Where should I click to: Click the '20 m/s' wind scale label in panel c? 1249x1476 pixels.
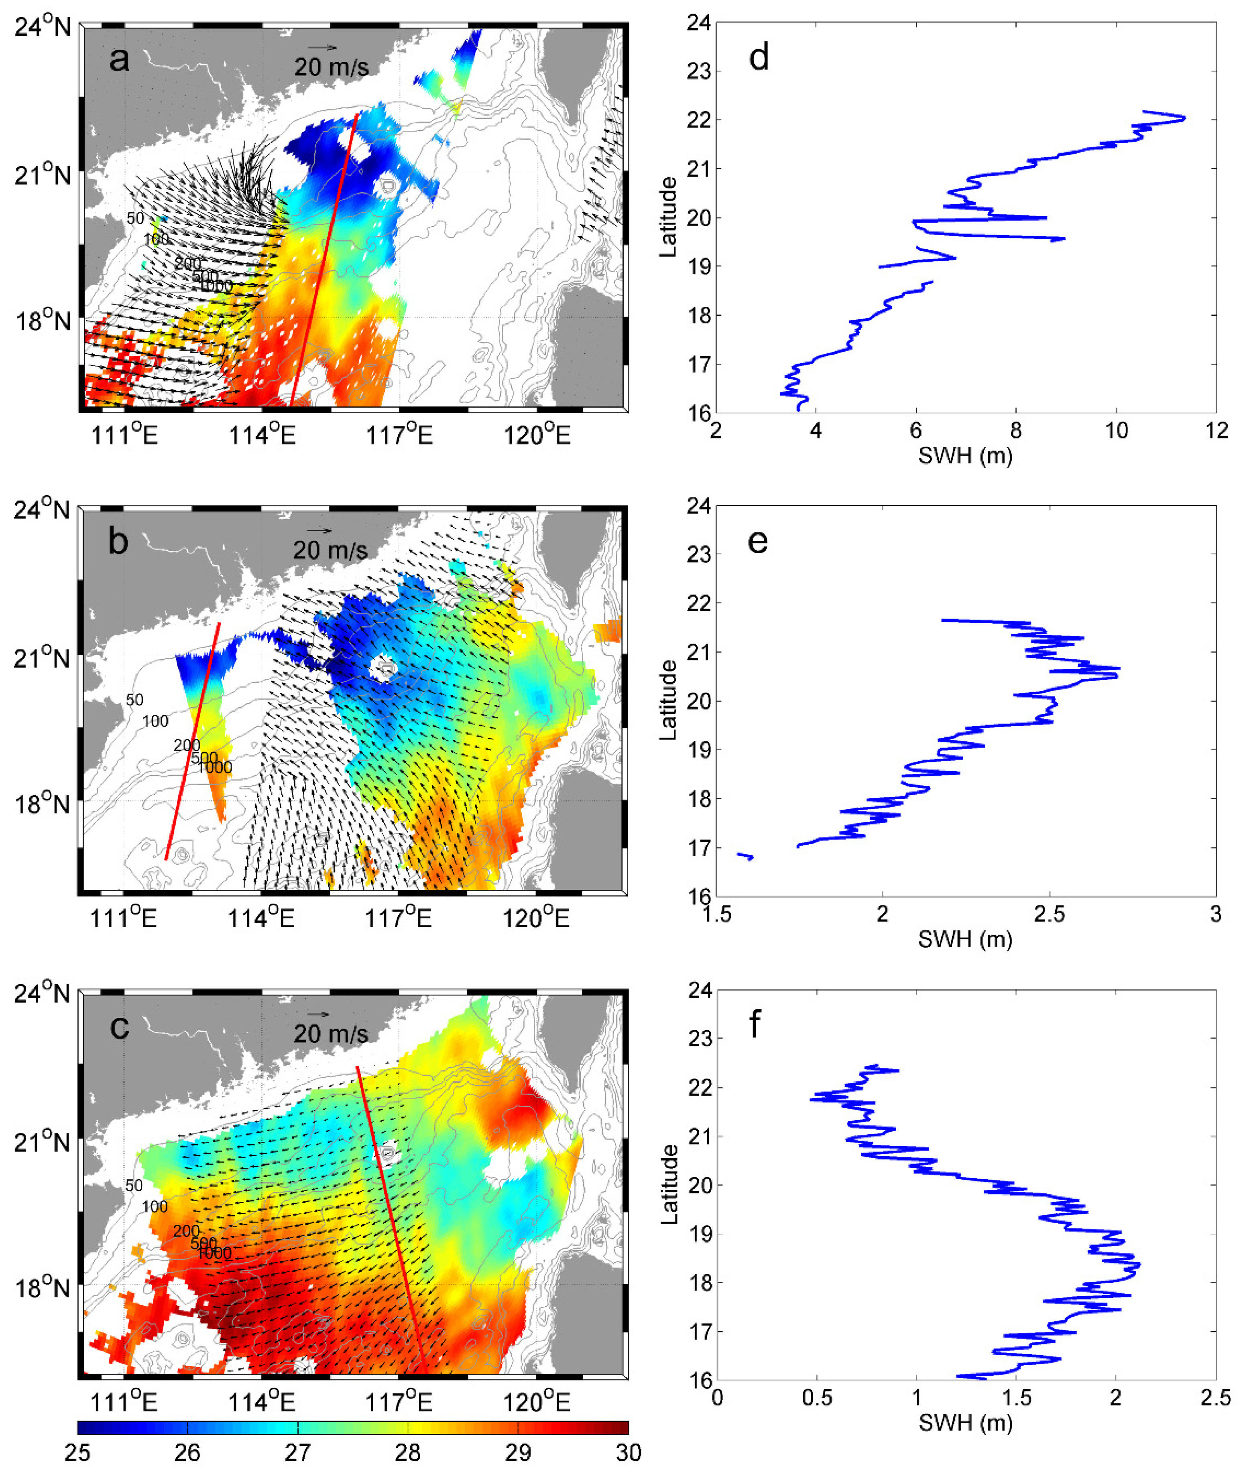point(331,1033)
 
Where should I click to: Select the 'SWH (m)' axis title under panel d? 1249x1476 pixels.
point(965,456)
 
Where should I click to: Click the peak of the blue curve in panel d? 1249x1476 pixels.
point(1184,118)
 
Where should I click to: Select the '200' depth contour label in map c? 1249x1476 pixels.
point(186,1231)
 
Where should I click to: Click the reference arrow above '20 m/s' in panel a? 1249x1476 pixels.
point(322,47)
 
